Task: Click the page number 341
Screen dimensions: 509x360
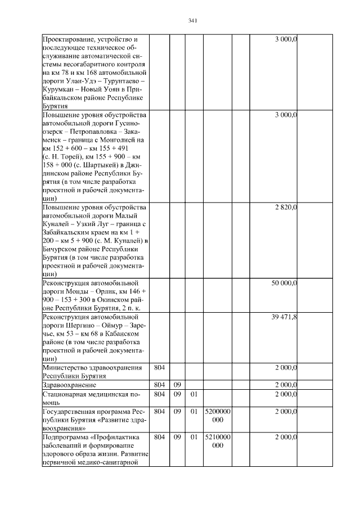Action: (x=192, y=21)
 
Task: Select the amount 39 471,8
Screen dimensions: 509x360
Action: (x=285, y=317)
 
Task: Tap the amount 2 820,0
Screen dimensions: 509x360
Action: (x=286, y=208)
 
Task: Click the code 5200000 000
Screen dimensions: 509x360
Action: (x=218, y=416)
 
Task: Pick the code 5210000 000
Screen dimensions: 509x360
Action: (x=218, y=440)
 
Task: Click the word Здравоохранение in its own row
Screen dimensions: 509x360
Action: (x=70, y=385)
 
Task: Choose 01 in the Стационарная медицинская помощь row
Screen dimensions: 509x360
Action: (x=193, y=395)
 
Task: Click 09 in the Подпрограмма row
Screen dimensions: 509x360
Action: (x=177, y=436)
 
